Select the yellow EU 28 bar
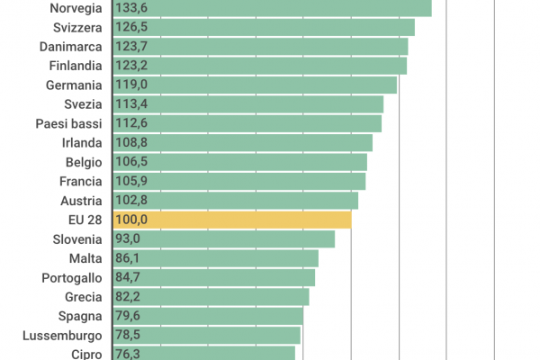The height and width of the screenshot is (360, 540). click(231, 220)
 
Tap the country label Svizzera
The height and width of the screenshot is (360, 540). click(77, 27)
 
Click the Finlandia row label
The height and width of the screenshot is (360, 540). click(75, 66)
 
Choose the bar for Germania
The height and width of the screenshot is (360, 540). click(255, 85)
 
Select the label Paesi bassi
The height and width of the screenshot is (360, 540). click(69, 123)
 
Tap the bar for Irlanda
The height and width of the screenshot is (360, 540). click(242, 142)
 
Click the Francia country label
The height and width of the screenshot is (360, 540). click(80, 181)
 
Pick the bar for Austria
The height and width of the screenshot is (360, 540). click(235, 200)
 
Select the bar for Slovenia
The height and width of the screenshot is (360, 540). click(223, 238)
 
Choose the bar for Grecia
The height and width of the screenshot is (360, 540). click(211, 296)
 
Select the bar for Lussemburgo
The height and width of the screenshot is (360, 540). click(206, 335)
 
